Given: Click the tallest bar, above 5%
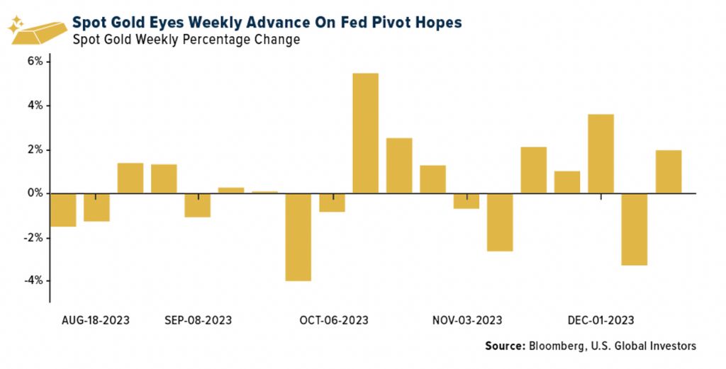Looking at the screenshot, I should point(365,133).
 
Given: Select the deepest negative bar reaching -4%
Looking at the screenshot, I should point(298,237).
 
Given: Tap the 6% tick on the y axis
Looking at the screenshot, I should point(35,62).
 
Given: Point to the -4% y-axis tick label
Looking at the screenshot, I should point(33,281).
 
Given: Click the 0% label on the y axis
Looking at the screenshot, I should point(35,193).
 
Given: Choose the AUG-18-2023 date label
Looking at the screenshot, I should point(96,320).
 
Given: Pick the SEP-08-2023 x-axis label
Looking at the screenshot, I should point(198,320).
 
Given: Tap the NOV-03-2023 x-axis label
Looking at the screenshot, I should point(467,320).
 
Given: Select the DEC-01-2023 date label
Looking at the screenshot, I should point(601,320).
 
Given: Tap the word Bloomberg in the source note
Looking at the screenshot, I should point(556,346).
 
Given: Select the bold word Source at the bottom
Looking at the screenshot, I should point(504,346).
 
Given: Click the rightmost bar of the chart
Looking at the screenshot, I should point(669,171).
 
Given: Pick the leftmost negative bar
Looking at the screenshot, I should point(62,210).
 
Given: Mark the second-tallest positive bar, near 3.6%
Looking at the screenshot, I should point(601,154).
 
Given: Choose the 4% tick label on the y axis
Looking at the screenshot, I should point(35,106).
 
